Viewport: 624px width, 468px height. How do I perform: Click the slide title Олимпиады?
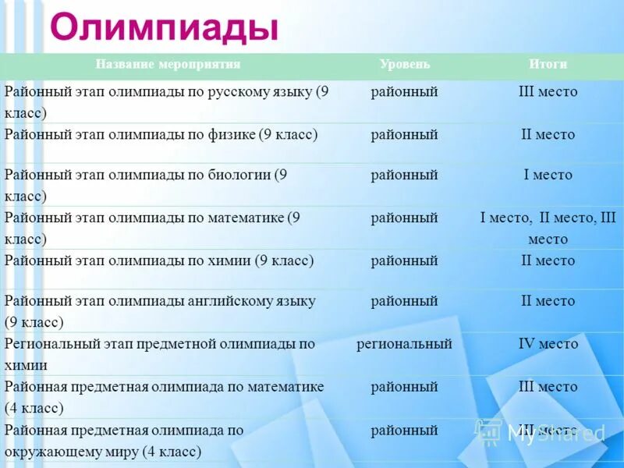pos(164,28)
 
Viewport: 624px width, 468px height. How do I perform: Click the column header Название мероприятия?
pos(168,65)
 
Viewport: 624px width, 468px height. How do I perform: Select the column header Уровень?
pos(404,65)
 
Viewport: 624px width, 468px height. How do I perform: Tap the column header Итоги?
pos(548,65)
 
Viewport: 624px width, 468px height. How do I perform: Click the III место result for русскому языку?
pos(548,92)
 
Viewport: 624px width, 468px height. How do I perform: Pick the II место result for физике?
pos(548,135)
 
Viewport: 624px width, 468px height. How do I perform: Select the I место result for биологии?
pos(548,175)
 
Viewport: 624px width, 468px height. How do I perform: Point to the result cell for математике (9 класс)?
pos(548,229)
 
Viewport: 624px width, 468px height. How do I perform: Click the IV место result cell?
pos(548,344)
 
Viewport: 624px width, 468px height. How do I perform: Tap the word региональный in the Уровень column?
pos(404,344)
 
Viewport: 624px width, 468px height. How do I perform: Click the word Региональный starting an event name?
pos(53,344)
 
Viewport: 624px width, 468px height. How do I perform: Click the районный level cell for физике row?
pos(404,135)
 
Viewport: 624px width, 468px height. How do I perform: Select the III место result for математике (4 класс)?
pos(548,387)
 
